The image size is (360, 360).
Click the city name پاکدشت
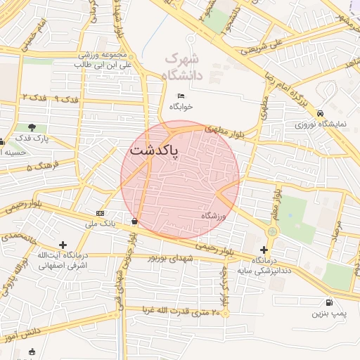[x=153, y=151]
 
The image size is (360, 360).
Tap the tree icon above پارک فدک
[x=33, y=127]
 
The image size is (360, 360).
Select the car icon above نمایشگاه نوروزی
[x=321, y=112]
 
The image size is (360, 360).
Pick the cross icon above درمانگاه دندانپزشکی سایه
[x=264, y=250]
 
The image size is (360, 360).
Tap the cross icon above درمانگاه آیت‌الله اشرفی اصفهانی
[x=63, y=245]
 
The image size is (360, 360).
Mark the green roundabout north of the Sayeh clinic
[x=272, y=231]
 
